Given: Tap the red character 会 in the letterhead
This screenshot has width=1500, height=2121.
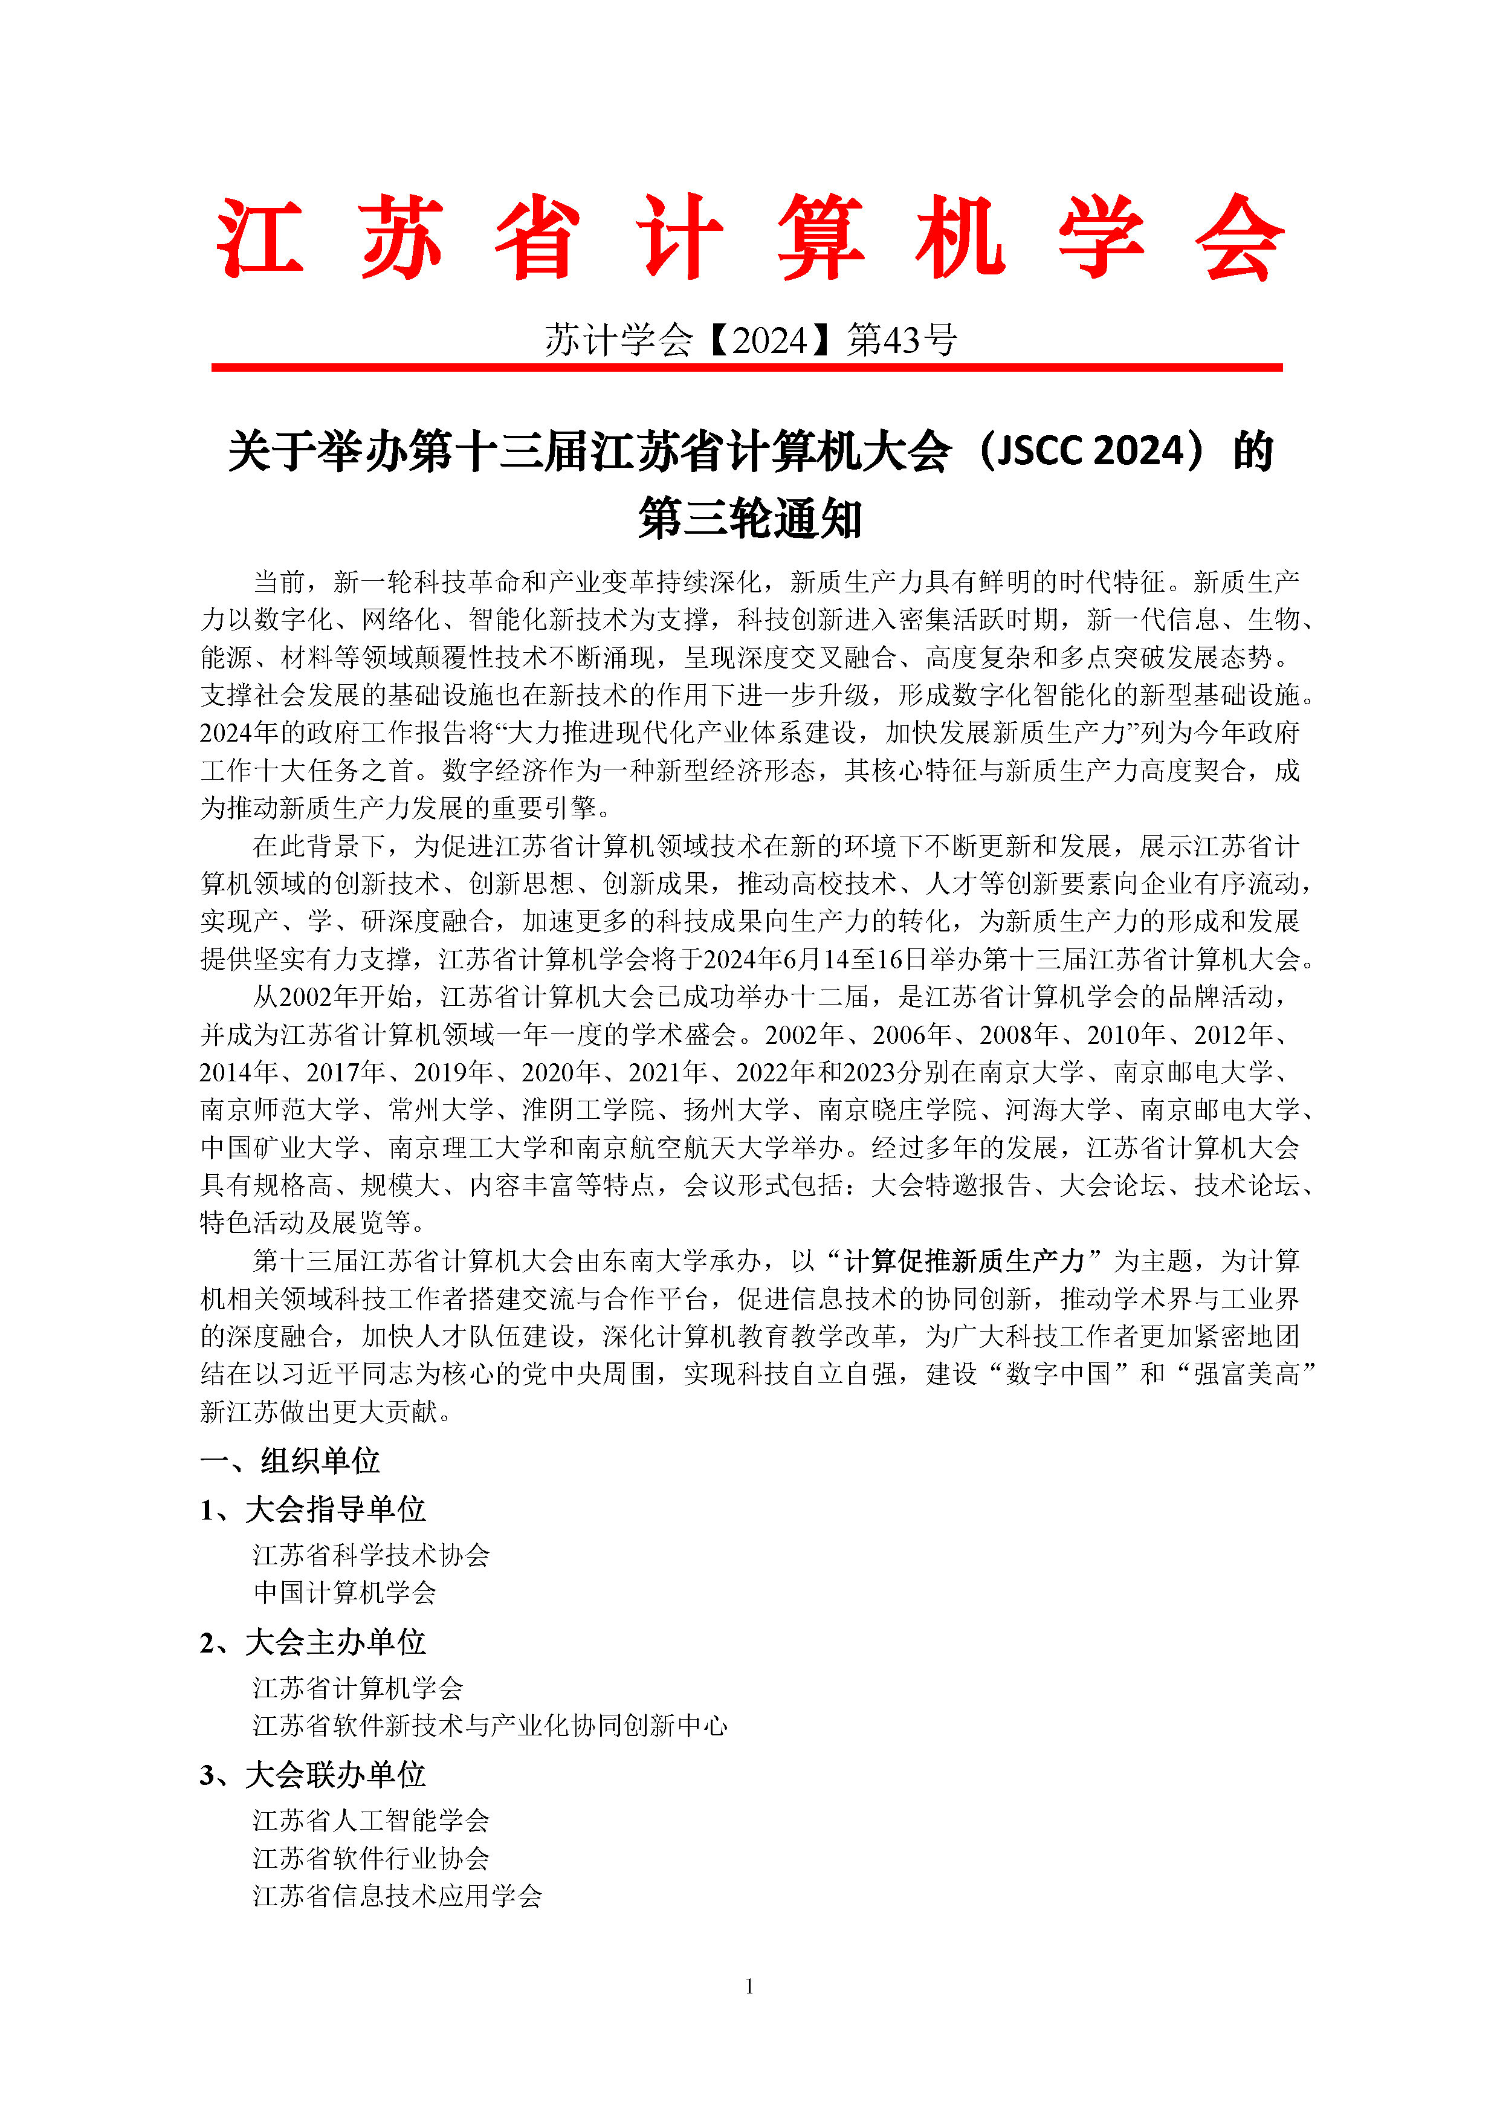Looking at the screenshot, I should [1238, 238].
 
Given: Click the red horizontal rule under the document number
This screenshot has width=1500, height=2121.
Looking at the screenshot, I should [746, 368].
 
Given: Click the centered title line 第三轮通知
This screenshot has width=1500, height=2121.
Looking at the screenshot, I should [749, 517].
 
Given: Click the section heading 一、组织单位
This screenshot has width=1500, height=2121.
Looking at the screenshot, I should [290, 1460].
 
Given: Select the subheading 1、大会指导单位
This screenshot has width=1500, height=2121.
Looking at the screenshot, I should [312, 1509].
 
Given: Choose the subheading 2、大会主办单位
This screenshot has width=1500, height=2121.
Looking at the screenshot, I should [312, 1642].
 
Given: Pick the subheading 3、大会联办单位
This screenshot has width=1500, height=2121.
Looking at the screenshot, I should [312, 1775].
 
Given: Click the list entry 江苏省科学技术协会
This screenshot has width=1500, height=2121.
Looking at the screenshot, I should [371, 1556].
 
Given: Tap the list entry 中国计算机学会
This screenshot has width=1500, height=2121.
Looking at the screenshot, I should [344, 1593].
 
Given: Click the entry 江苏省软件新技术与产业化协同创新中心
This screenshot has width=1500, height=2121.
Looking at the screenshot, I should [490, 1726].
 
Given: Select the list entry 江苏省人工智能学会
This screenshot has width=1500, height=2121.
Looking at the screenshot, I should [371, 1821].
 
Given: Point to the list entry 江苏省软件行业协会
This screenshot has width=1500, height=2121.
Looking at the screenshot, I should [371, 1859].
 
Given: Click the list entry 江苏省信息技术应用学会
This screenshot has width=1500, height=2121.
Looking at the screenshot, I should [397, 1897].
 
